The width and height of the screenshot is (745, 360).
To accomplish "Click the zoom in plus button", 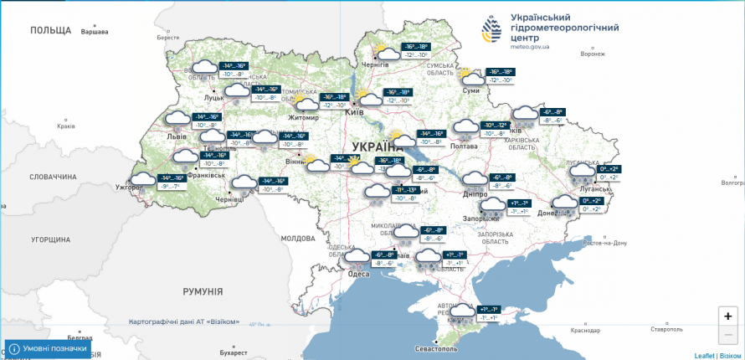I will [727, 316].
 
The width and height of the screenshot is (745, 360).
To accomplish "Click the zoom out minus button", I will [727, 335].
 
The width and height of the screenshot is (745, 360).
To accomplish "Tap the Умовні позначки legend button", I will [48, 348].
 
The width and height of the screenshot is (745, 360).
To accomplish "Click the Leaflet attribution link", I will [704, 356].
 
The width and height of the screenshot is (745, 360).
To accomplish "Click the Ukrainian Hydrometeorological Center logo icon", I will [493, 32].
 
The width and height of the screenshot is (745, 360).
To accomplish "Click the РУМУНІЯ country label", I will [203, 291].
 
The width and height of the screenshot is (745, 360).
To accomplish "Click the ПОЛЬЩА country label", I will [51, 30].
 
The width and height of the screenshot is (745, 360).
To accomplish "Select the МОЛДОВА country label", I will [297, 239].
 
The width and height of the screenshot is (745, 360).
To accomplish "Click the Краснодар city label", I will [585, 330].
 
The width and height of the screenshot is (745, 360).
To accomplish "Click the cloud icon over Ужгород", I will [143, 180].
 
